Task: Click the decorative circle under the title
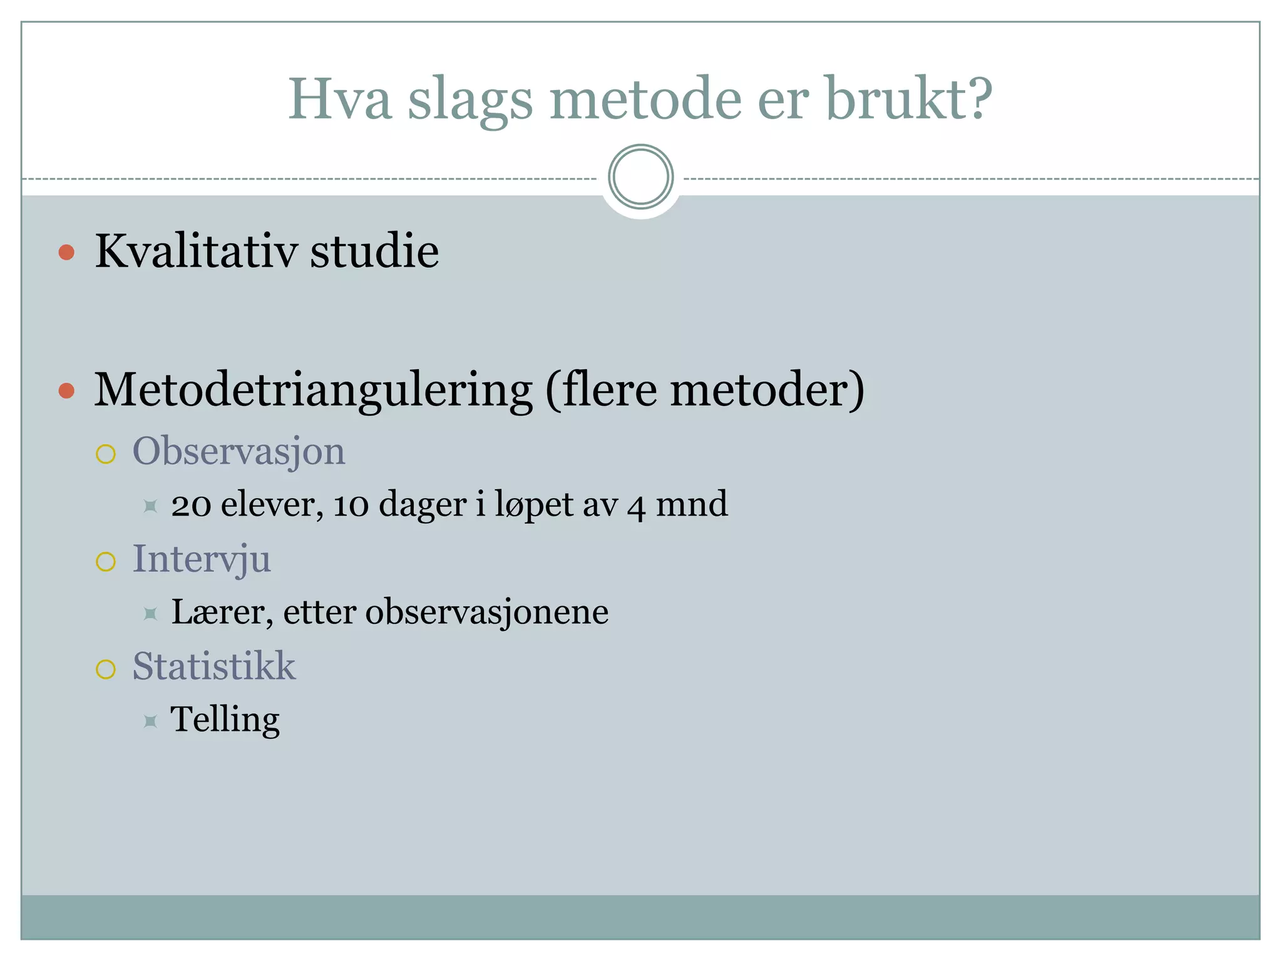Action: [x=640, y=177]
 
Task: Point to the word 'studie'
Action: [x=374, y=251]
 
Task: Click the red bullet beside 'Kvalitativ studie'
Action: [x=66, y=252]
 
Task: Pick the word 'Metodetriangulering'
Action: [x=313, y=390]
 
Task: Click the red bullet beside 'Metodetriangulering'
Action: [x=66, y=391]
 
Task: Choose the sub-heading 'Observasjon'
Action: [x=238, y=451]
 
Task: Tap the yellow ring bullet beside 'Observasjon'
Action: [x=106, y=454]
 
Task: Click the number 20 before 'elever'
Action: [x=191, y=505]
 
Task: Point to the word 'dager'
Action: [x=423, y=504]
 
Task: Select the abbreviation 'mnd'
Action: [x=692, y=504]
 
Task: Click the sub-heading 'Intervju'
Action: [x=202, y=559]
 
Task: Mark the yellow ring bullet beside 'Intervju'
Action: [x=106, y=562]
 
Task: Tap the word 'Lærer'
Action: [x=222, y=612]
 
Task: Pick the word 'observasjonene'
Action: [x=486, y=612]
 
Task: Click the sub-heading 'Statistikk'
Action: [x=213, y=666]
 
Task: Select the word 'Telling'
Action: [x=225, y=719]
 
